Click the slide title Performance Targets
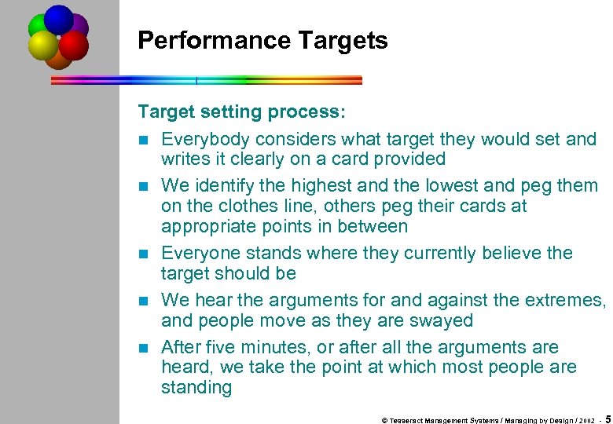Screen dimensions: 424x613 (x=262, y=41)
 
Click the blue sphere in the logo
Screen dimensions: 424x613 (x=58, y=18)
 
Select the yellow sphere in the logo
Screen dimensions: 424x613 (x=42, y=46)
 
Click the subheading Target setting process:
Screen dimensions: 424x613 (x=241, y=112)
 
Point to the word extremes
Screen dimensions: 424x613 (x=563, y=301)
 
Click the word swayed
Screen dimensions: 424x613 (x=441, y=321)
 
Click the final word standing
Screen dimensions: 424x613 (x=196, y=388)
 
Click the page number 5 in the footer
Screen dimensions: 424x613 (x=608, y=419)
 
